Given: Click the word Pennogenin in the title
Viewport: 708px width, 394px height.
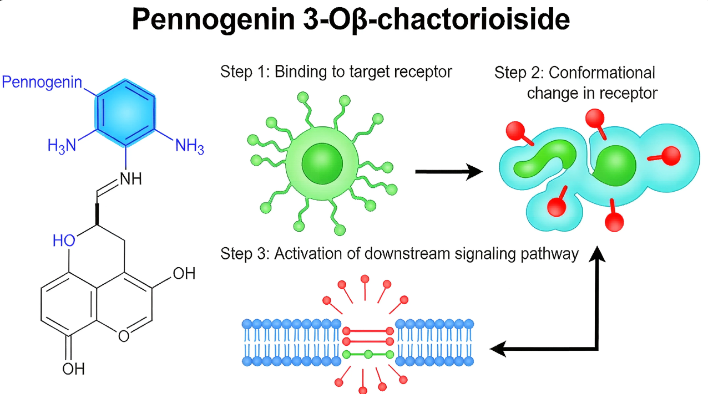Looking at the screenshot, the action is (214, 19).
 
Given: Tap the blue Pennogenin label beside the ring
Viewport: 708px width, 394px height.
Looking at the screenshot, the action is (42, 83).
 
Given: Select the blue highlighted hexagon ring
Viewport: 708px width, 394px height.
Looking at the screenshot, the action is (125, 113).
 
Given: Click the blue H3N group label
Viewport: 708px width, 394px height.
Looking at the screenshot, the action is (62, 146).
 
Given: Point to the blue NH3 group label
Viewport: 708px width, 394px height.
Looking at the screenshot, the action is (190, 146).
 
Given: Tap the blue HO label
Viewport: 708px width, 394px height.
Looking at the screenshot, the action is (64, 241).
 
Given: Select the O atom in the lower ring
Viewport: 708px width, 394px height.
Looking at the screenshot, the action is (124, 336).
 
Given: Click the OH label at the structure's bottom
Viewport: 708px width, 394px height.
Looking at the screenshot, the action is (73, 369).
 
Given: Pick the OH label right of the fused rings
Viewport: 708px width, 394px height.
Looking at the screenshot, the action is (184, 273).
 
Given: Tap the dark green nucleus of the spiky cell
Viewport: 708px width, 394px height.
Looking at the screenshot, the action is (322, 163).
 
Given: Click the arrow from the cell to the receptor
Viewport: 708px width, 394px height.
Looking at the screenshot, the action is (449, 172).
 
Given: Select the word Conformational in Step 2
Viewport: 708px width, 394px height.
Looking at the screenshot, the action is (602, 73).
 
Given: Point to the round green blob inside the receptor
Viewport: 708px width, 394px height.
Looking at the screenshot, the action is (615, 166).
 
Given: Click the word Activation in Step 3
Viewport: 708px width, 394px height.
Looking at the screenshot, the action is (308, 253).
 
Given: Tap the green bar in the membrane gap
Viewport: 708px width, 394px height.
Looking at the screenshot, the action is (368, 355).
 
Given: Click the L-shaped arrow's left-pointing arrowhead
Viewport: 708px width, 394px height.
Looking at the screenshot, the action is (498, 349).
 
